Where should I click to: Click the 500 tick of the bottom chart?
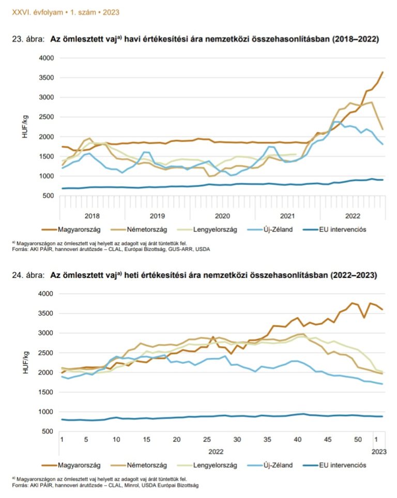[48, 431]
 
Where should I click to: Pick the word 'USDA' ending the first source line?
[202, 248]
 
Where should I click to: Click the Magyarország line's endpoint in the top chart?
[382, 72]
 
